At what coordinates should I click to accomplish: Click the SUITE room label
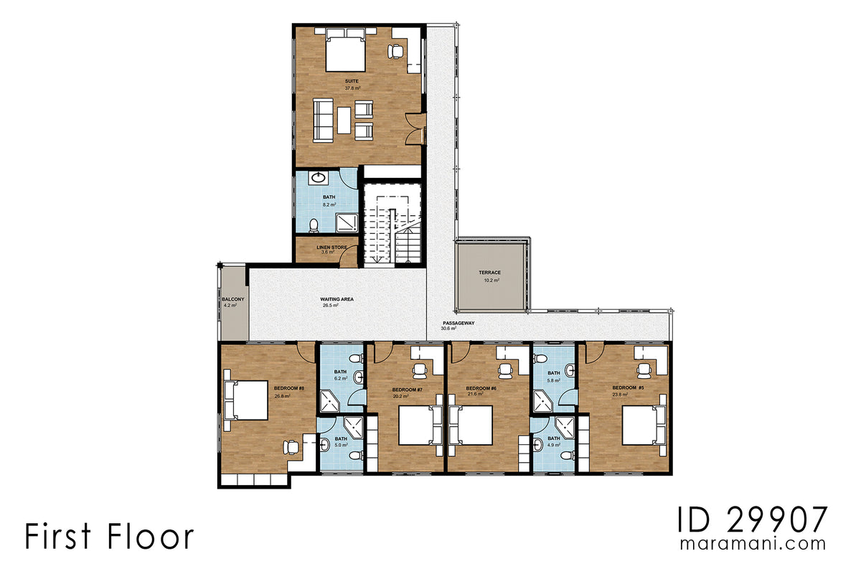pos(352,82)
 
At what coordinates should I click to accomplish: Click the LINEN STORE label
pos(331,248)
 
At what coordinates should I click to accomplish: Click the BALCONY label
pos(232,299)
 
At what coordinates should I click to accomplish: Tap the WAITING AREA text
pos(337,299)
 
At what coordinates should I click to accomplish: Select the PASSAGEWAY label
pos(458,323)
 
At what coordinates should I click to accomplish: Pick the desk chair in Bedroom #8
pos(291,446)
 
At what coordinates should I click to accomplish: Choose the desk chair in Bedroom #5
pos(644,370)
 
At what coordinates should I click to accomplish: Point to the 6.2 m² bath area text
pos(340,378)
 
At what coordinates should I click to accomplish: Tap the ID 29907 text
pos(753,518)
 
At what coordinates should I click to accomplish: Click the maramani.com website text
pos(753,544)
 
